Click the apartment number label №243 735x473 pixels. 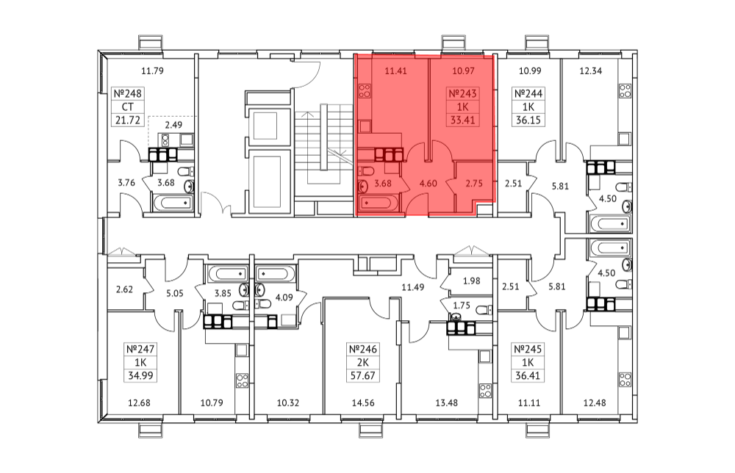pos(462,94)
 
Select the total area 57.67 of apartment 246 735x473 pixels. pos(363,375)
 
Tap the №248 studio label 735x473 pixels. pos(127,94)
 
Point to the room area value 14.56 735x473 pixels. pos(363,402)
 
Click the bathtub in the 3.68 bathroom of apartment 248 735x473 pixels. pos(173,203)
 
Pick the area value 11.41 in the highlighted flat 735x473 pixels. pos(395,71)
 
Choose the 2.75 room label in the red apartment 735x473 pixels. pos(474,183)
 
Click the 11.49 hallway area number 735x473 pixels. pos(412,287)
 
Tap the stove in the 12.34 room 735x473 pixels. pos(624,91)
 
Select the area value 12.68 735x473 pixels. pos(139,402)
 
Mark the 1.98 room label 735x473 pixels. pos(472,281)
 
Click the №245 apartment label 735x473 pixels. pos(528,350)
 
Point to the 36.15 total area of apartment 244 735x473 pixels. pos(528,120)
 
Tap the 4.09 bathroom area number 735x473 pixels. pos(284,297)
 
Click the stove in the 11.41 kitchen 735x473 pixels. pos(365,91)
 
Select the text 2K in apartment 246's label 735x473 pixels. pos(363,363)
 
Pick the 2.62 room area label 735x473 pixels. pos(124,289)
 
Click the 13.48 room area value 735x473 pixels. pos(446,402)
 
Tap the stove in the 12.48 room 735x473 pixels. pos(624,379)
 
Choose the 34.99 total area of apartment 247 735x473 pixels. pos(140,375)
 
